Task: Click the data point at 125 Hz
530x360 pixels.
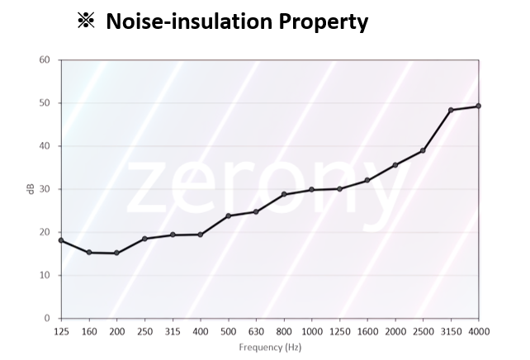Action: (61, 240)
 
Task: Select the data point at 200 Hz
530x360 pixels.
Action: (116, 253)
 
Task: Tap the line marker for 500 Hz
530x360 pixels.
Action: (228, 216)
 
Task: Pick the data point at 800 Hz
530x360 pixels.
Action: (283, 194)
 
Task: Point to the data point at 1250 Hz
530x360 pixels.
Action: (339, 189)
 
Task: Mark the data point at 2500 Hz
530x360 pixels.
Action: (423, 150)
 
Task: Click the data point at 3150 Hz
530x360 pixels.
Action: (451, 110)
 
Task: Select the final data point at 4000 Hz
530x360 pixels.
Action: (479, 106)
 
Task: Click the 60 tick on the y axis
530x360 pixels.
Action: (45, 60)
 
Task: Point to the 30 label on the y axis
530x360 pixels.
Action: (45, 189)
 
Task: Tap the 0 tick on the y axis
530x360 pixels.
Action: (47, 318)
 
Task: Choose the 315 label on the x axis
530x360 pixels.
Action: (173, 330)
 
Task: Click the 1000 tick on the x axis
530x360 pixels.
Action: (311, 330)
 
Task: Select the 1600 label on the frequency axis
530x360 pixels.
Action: (367, 330)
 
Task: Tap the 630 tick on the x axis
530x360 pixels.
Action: (256, 330)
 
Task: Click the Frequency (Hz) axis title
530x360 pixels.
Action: (270, 348)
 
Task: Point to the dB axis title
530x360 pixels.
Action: (30, 189)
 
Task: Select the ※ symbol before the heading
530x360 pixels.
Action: (86, 21)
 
